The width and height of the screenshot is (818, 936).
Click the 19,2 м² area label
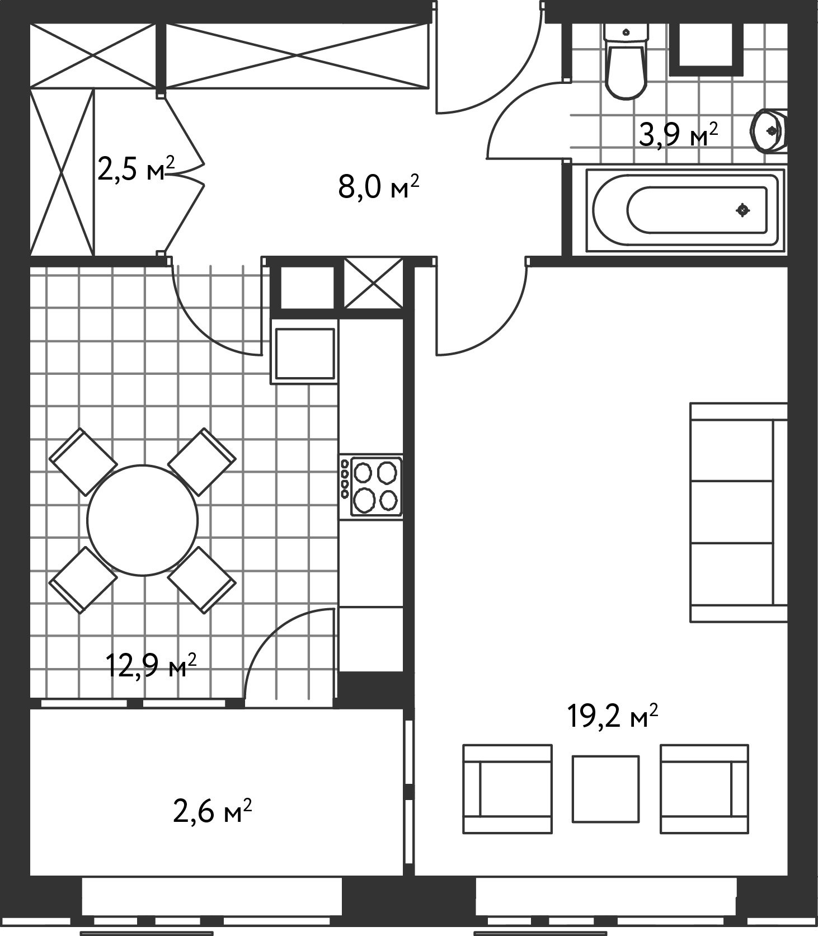(612, 716)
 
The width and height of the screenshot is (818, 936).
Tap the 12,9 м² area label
(151, 665)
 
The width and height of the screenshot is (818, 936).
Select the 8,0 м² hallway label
(378, 187)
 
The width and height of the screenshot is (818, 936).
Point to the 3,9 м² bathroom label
(678, 134)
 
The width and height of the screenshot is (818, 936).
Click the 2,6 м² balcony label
(212, 811)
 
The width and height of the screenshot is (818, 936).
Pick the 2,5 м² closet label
(136, 168)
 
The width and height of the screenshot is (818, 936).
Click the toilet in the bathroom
(626, 62)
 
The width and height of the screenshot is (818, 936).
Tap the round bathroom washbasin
(770, 131)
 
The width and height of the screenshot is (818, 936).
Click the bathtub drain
(743, 210)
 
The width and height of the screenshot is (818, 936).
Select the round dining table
(143, 520)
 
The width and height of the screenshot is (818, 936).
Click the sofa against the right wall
(739, 512)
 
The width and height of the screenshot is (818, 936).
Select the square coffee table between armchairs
(605, 789)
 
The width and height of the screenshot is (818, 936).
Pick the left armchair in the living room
(507, 789)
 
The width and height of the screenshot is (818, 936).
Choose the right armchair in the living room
(704, 789)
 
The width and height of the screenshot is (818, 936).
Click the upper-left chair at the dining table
(83, 462)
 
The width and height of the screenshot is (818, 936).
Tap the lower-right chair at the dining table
(202, 580)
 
